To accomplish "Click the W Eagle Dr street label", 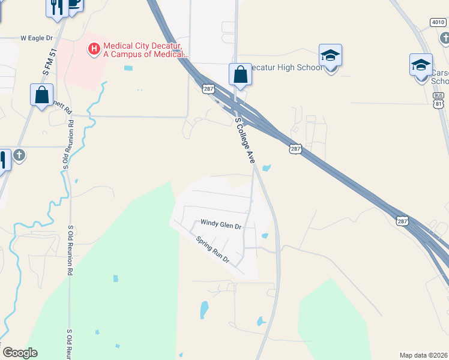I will click(x=37, y=38).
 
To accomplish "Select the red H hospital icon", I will click(x=94, y=48).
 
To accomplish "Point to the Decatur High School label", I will click(x=286, y=67).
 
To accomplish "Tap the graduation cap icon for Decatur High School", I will click(x=330, y=55).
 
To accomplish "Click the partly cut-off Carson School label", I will click(x=440, y=77).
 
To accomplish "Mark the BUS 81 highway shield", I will click(x=439, y=100).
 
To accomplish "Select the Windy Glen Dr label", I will click(x=220, y=226).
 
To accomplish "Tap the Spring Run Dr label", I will click(x=213, y=250).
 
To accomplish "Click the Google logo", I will click(x=20, y=353).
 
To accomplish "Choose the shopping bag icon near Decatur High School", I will click(x=240, y=75).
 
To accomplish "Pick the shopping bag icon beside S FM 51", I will click(x=41, y=95).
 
